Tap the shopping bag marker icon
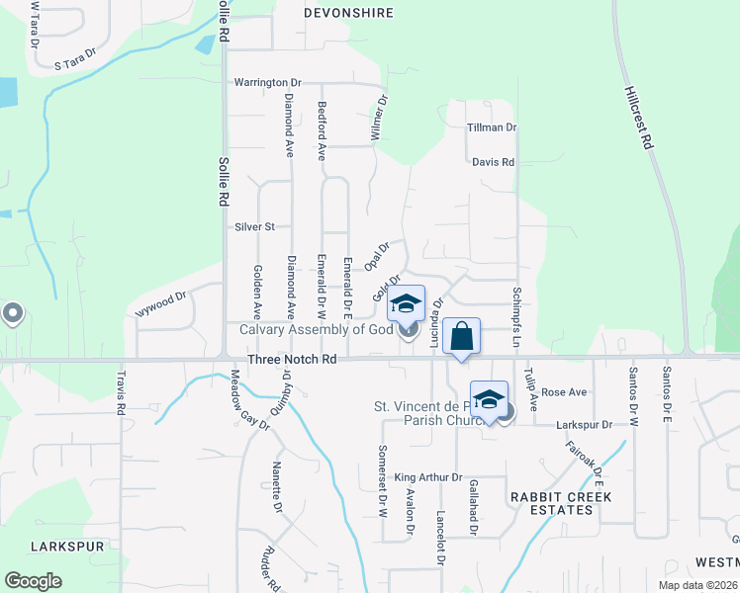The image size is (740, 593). coord(462,336)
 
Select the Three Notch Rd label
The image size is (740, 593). coord(292,360)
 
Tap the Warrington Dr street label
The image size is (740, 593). coord(267,82)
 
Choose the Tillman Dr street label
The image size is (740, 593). coord(492,127)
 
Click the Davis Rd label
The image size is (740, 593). coord(493,161)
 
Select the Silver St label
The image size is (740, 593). coord(254,226)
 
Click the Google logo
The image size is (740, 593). coord(33,581)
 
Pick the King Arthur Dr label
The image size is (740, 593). coord(428,477)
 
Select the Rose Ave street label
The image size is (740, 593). coord(565,392)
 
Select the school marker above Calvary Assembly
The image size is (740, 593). coord(406,304)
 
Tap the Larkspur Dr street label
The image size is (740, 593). coord(585,424)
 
